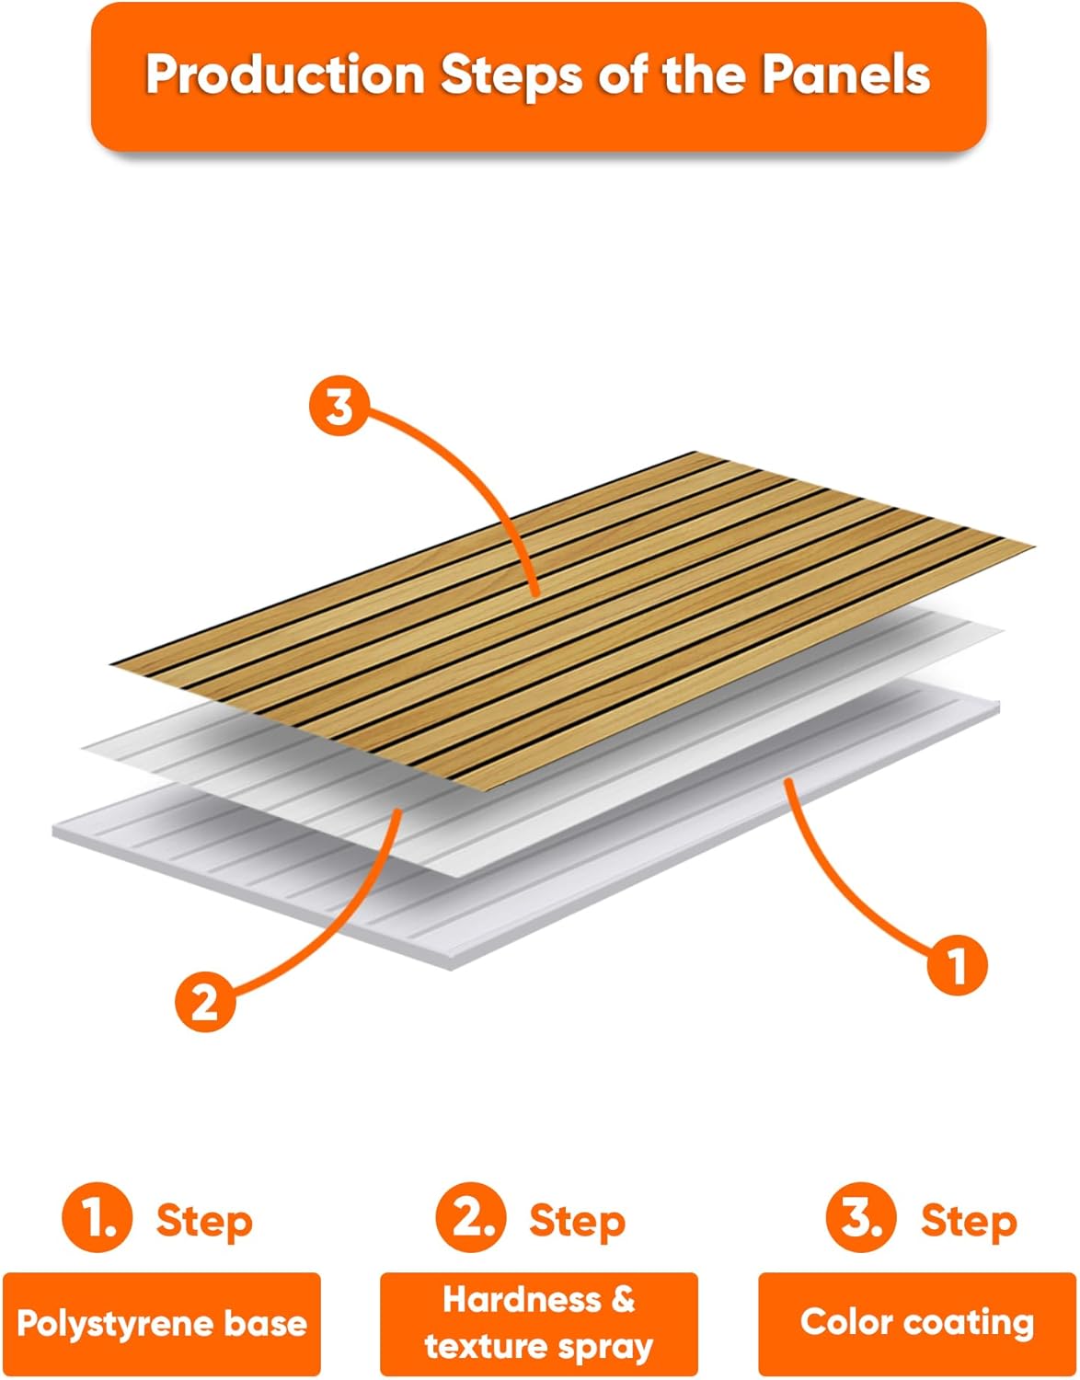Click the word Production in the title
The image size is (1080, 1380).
[x=284, y=75]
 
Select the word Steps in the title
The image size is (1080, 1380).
[x=511, y=75]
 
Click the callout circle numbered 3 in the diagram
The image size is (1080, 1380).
[x=339, y=406]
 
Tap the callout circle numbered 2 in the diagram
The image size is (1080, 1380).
[x=204, y=1001]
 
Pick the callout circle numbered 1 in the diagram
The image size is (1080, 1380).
[x=957, y=965]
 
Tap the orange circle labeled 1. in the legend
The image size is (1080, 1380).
[x=98, y=1219]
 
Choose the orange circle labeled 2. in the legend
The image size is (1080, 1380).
[x=471, y=1219]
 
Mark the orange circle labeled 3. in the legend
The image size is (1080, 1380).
[x=861, y=1219]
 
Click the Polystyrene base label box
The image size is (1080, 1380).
[x=162, y=1324]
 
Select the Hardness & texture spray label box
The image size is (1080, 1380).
[x=539, y=1324]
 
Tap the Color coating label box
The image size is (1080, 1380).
[x=916, y=1324]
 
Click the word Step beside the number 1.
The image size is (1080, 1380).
[x=203, y=1222]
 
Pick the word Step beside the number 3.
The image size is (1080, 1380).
[x=968, y=1222]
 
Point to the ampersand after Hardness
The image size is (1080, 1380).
[x=622, y=1299]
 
